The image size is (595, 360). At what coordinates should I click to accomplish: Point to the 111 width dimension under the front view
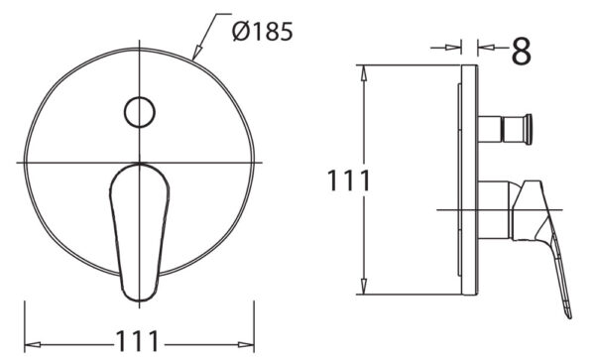coord(138,340)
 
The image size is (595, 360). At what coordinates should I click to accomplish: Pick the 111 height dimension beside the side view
coord(349,181)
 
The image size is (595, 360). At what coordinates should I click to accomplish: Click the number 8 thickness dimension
coord(520,51)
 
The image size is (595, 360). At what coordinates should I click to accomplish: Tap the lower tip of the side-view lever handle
coord(571,311)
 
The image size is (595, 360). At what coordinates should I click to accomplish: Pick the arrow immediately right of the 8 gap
coord(484,46)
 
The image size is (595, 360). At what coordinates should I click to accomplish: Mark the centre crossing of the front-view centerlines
coord(138,162)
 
